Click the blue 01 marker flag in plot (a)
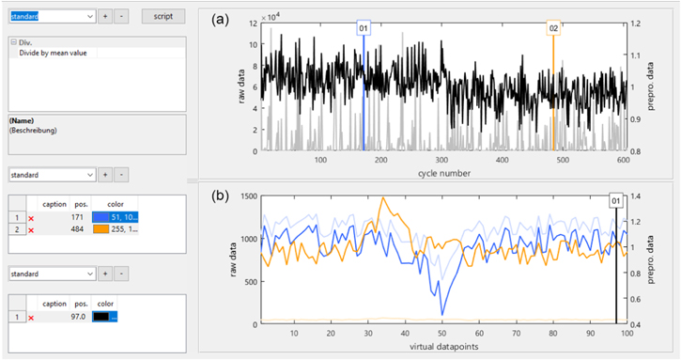point(364,29)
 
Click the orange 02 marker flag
point(553,29)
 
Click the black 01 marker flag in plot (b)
point(616,201)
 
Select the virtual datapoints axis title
point(441,348)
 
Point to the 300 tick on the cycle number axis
point(381,160)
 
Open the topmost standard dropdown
point(51,17)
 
